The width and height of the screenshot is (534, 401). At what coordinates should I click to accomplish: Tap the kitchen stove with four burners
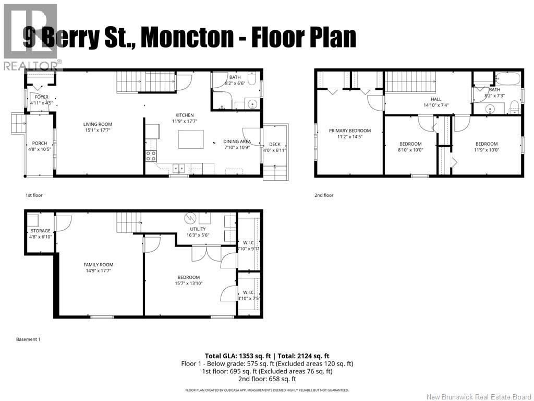(151, 155)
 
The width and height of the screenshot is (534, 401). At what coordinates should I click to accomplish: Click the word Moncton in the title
(187, 38)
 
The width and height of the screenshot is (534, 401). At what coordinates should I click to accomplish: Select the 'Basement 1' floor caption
(28, 339)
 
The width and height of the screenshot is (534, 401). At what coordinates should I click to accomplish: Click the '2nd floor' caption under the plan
(323, 195)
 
